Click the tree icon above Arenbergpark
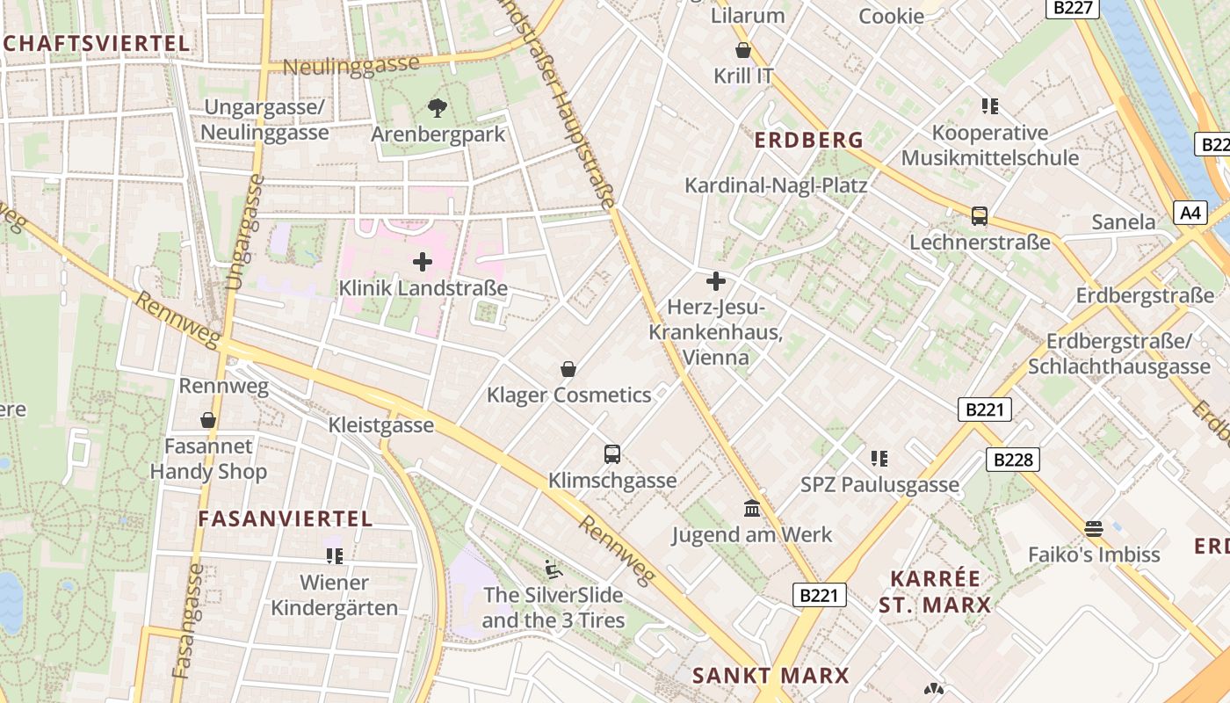(x=437, y=108)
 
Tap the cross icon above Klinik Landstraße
(x=423, y=261)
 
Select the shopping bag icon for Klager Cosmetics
(x=568, y=369)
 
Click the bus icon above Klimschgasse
(x=612, y=454)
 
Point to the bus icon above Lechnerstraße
(x=979, y=216)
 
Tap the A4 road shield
(x=1190, y=212)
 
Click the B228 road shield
(x=1012, y=459)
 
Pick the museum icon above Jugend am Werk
(x=752, y=508)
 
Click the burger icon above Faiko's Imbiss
(x=1094, y=528)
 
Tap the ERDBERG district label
(x=809, y=140)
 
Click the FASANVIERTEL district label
(x=286, y=518)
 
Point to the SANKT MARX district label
(x=771, y=675)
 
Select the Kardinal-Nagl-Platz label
(x=776, y=185)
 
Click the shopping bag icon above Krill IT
(x=743, y=50)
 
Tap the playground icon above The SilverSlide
(x=553, y=569)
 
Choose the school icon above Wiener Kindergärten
(x=334, y=555)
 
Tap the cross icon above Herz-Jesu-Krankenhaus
(x=716, y=281)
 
